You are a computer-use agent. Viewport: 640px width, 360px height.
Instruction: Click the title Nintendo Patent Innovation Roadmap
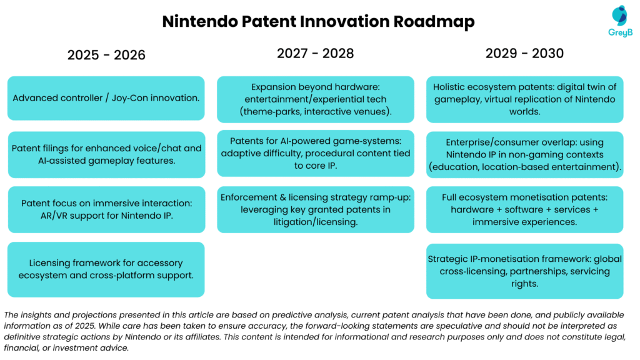click(318, 21)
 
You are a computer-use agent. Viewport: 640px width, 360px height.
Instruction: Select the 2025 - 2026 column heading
click(106, 55)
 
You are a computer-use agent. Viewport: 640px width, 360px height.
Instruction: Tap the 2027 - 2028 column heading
click(315, 53)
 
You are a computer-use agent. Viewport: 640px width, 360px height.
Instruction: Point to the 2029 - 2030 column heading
click(524, 53)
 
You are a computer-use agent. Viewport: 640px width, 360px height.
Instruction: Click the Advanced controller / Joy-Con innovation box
click(106, 98)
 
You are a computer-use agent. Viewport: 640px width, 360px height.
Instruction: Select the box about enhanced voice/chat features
click(106, 154)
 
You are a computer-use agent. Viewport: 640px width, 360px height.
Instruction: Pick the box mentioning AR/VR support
click(106, 209)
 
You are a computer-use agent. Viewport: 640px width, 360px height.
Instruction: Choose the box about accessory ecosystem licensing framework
click(106, 269)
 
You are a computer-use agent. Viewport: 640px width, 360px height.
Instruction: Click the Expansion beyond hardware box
click(315, 99)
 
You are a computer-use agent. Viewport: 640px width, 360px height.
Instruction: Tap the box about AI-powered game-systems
click(315, 153)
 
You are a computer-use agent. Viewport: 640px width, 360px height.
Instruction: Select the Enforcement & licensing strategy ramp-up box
click(315, 209)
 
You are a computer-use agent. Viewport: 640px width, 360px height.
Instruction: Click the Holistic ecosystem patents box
click(524, 99)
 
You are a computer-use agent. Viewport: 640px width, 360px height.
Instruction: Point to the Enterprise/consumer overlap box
click(524, 154)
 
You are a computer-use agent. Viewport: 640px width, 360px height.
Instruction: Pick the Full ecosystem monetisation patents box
click(524, 209)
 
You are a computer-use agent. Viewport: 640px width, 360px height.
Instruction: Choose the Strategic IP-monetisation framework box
click(524, 271)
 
